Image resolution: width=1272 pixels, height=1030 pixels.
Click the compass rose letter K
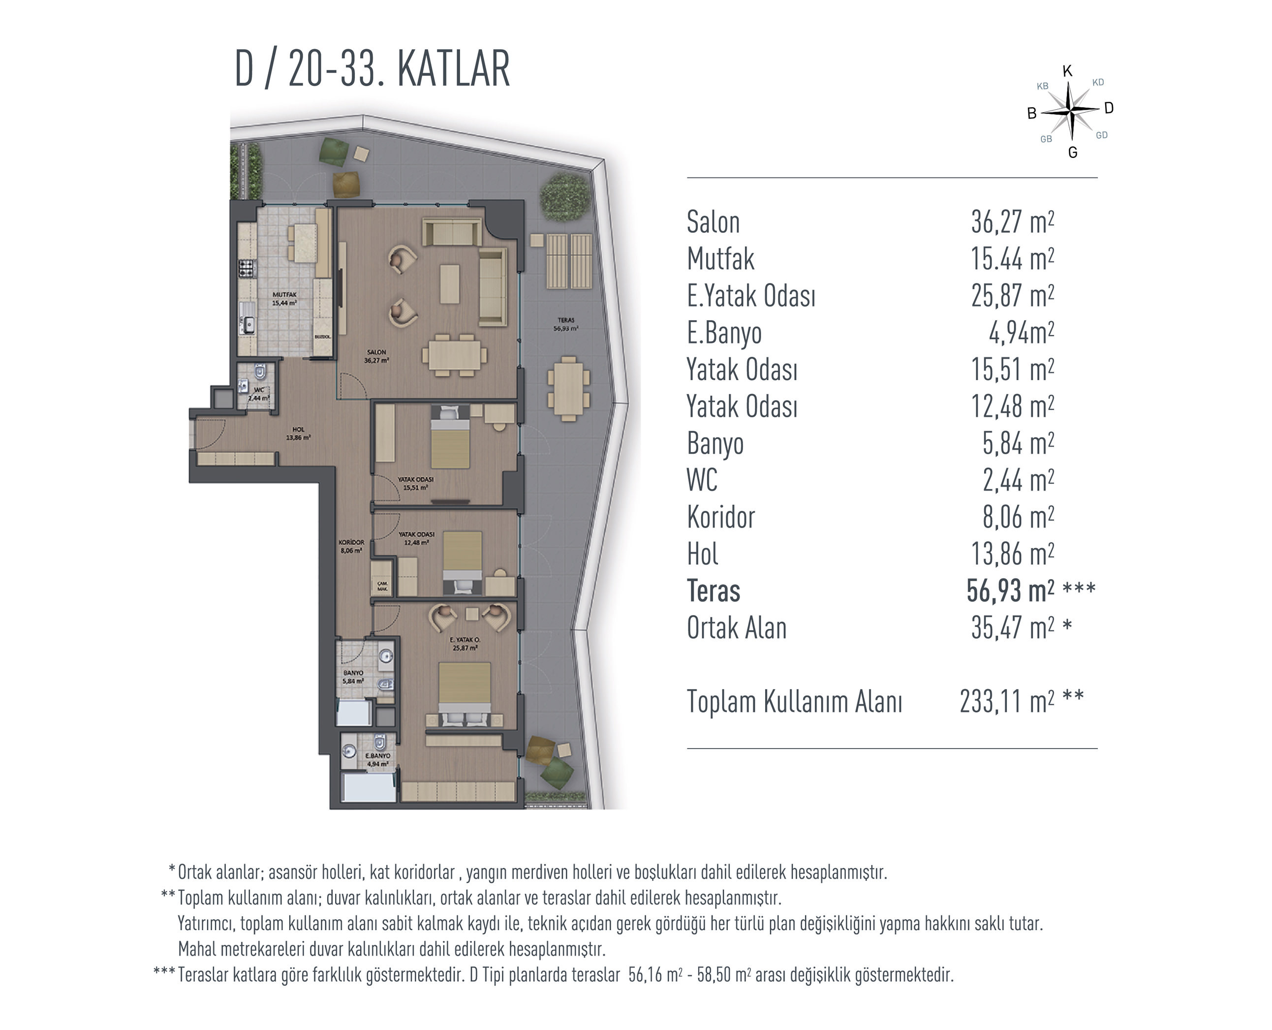1067,71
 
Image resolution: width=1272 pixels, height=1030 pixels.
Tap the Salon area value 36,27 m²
1012,222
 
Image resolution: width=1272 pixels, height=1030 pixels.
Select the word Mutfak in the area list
720,259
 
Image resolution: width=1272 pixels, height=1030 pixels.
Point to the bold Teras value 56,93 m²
1010,591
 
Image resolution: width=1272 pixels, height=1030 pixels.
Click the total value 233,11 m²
1007,701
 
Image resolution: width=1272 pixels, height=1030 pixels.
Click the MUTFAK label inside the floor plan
284,294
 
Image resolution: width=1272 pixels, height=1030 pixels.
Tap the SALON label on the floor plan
376,352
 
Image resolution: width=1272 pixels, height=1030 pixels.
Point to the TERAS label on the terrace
565,320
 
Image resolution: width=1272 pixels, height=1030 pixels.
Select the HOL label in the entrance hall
298,430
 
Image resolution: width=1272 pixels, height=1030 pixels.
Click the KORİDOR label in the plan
351,542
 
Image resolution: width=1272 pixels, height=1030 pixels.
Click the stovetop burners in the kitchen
246,269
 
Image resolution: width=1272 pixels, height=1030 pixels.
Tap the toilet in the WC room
259,372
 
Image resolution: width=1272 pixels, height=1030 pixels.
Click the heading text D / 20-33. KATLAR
372,69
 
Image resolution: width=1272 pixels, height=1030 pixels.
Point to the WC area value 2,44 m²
1018,480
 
